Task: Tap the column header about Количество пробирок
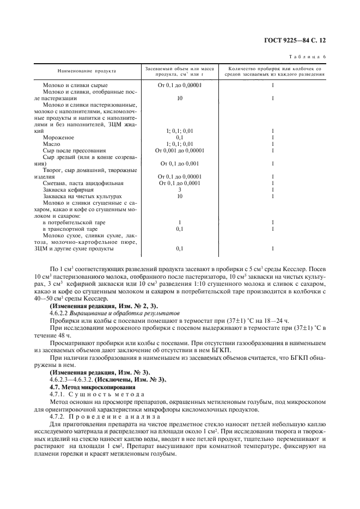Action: click(272, 71)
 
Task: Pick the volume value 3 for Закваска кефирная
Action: click(179, 189)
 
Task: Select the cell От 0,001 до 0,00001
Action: click(179, 150)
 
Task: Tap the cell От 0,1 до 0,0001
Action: click(179, 183)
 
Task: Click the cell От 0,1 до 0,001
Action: click(179, 163)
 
